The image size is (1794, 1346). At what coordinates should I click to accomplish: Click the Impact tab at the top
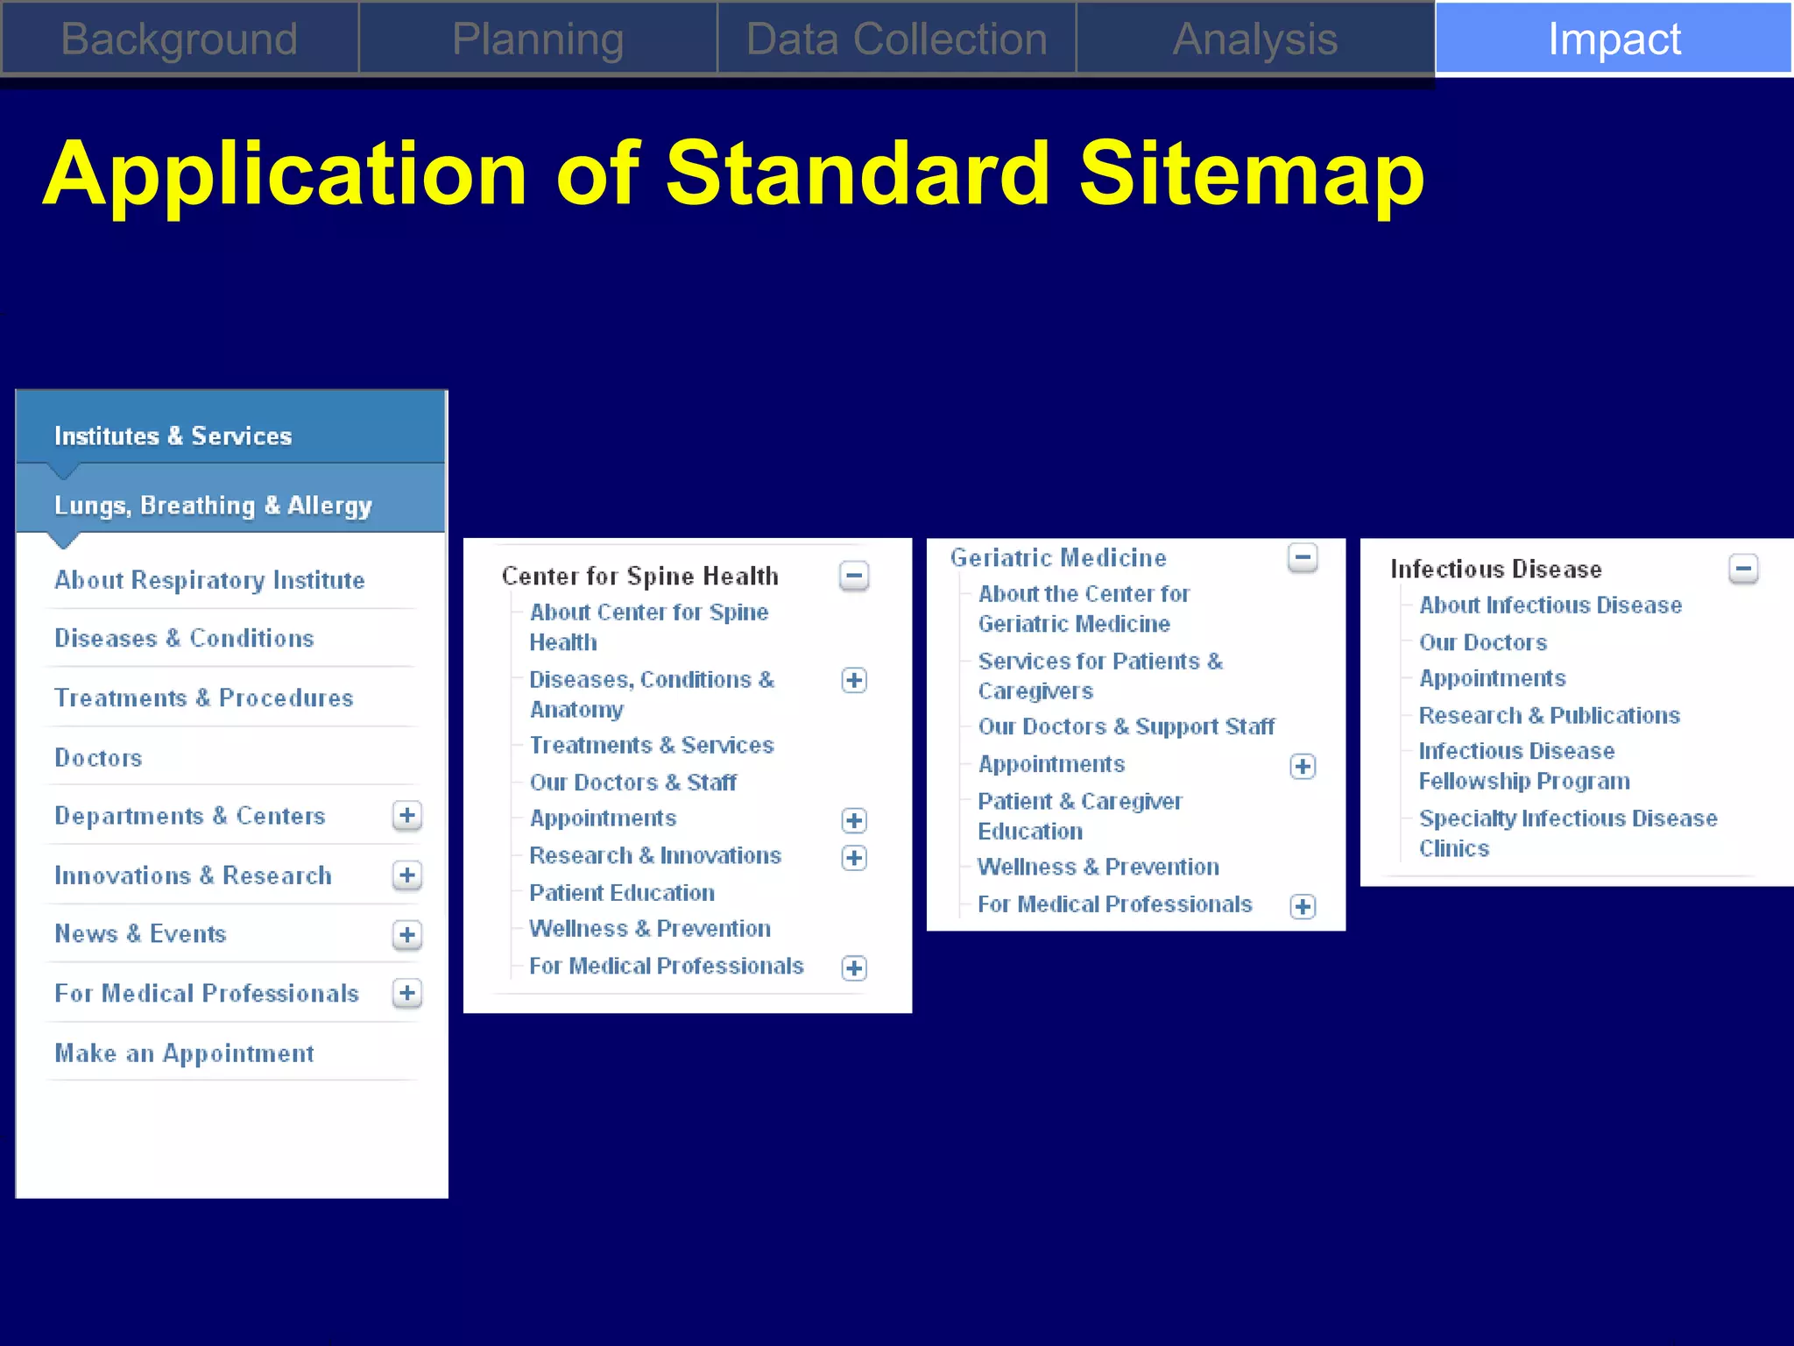(x=1614, y=39)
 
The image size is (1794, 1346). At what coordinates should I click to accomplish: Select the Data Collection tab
(x=896, y=39)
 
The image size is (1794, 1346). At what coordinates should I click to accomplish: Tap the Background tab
(x=180, y=39)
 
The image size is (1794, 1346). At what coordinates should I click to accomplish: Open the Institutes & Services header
(x=173, y=436)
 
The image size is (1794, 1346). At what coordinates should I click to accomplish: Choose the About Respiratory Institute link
(x=209, y=580)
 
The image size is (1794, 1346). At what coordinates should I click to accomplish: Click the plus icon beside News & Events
(x=406, y=935)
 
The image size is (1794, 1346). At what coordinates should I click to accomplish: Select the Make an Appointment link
(x=184, y=1053)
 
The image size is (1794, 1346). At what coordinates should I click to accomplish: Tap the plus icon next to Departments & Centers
(x=406, y=816)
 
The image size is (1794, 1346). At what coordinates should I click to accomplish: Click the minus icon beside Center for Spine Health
(x=854, y=576)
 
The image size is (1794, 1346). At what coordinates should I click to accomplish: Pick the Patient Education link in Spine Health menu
(x=622, y=893)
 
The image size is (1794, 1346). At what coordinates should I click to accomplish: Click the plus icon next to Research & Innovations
(x=854, y=857)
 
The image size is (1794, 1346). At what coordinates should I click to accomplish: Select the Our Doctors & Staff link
(x=632, y=782)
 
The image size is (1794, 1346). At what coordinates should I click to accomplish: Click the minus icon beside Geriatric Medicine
(x=1303, y=556)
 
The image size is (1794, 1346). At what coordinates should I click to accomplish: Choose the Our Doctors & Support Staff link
(x=1126, y=726)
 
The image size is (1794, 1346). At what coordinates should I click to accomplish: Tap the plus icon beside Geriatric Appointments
(x=1303, y=767)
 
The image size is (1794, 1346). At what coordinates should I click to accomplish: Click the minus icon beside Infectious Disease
(x=1743, y=569)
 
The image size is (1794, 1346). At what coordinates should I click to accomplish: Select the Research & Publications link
(x=1549, y=715)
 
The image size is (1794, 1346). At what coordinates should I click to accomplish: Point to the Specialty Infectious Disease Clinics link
(x=1567, y=832)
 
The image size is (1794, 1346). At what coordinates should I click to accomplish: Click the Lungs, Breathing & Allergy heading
(x=213, y=506)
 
